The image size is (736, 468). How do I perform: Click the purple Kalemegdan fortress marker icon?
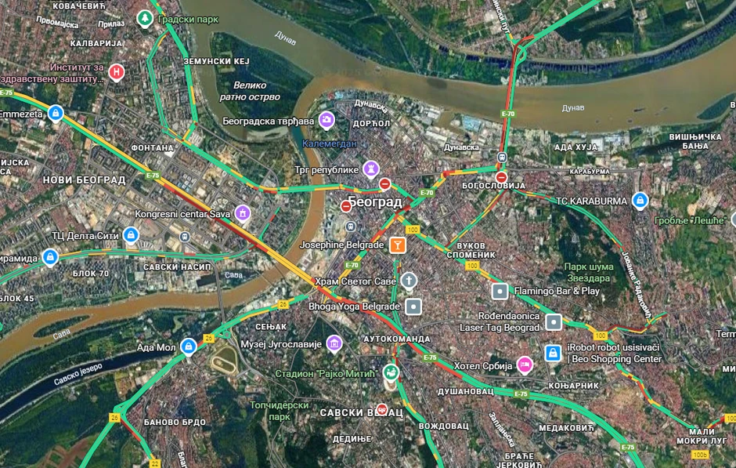327,120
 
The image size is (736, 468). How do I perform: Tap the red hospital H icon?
117,72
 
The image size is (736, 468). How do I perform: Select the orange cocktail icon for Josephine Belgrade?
398,245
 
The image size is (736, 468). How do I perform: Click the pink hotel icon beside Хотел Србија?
525,364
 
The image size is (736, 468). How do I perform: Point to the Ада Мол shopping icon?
188,346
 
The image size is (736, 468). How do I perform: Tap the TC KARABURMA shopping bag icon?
640,201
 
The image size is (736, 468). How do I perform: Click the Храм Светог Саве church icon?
409,281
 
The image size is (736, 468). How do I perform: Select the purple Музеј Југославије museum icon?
334,343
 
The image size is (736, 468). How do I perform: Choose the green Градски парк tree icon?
144,17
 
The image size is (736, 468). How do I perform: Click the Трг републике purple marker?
371,169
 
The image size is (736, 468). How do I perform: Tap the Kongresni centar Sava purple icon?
243,212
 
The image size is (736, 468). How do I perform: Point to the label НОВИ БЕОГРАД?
84,180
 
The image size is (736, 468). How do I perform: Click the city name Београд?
375,202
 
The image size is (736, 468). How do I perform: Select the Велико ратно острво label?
251,91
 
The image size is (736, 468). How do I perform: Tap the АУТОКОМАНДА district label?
398,339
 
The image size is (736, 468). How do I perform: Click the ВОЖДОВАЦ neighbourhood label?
443,426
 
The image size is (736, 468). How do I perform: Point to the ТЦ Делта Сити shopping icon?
131,234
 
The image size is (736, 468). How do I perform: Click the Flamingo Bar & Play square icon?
500,291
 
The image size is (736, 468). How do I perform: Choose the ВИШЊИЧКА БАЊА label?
695,142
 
